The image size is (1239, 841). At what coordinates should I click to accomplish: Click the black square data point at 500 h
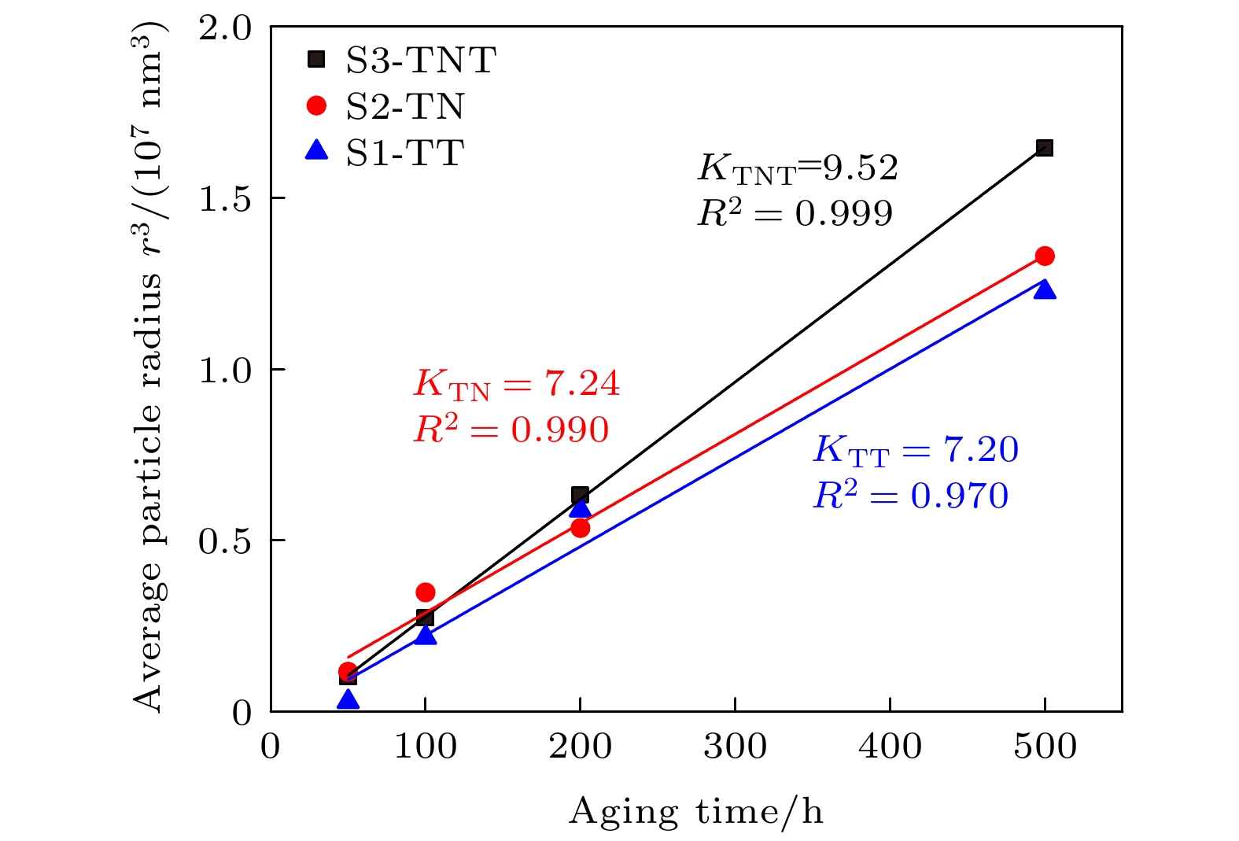point(1045,148)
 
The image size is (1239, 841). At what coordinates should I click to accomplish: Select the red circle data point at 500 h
point(1045,256)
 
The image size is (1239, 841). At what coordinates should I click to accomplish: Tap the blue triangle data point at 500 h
point(1045,290)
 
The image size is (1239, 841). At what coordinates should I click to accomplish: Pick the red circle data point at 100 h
point(426,592)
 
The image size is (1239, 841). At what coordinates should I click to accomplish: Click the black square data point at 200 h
point(581,495)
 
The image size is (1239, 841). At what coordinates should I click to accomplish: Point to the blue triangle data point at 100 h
point(426,635)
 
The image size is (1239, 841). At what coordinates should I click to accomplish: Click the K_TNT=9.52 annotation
point(798,168)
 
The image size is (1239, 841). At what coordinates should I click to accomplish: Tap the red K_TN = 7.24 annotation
point(517,384)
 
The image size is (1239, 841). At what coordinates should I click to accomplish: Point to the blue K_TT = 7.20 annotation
point(916,450)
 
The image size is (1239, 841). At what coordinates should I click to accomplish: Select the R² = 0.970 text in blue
point(911,496)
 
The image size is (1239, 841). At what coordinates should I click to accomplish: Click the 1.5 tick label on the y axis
point(225,199)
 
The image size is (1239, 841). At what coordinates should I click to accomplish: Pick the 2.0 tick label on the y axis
point(225,28)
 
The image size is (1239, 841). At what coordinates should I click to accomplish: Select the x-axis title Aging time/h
point(696,811)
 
